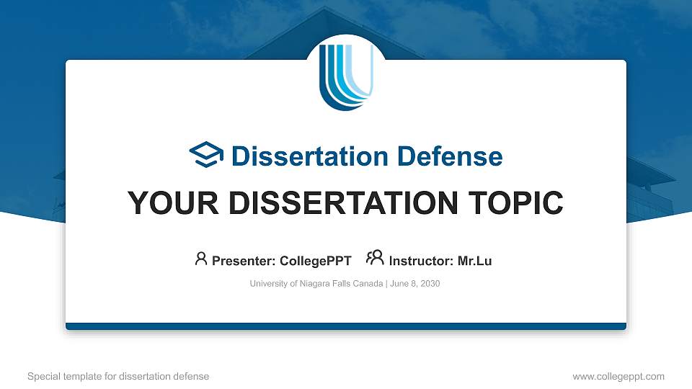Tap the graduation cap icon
point(206,155)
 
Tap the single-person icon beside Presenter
point(201,259)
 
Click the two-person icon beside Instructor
point(375,259)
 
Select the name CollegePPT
point(315,261)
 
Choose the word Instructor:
point(421,261)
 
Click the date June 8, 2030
point(415,284)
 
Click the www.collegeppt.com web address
point(618,376)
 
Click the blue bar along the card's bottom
point(346,326)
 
